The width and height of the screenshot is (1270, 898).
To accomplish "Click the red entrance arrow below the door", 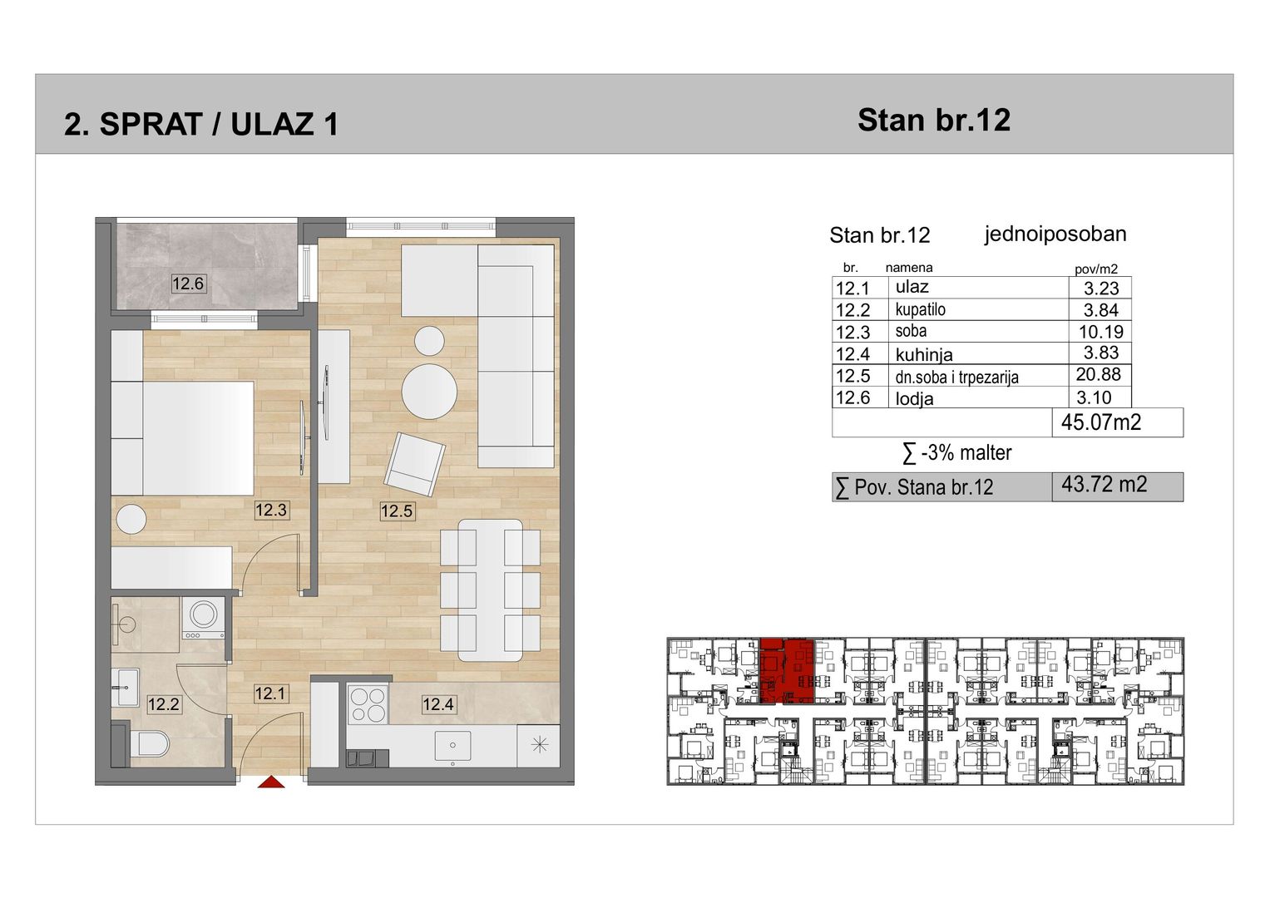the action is [x=271, y=782].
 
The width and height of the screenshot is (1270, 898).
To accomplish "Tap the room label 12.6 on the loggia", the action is [x=188, y=283].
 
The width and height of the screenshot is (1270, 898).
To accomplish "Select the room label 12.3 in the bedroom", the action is [x=271, y=510].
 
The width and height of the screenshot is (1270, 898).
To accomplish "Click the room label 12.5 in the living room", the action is [x=397, y=511].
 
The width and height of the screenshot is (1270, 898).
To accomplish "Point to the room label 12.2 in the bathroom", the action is [x=164, y=704].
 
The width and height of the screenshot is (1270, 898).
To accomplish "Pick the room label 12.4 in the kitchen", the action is [x=438, y=704].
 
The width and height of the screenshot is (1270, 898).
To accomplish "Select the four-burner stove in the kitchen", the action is [x=368, y=705].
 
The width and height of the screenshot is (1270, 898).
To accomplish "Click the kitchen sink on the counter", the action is [x=452, y=746].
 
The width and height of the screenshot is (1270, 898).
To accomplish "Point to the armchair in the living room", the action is [x=414, y=464].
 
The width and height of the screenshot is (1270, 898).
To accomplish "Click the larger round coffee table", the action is [x=429, y=391].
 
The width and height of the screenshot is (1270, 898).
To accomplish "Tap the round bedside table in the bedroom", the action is [x=131, y=519].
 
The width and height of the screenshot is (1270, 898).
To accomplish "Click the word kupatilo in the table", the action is [x=920, y=309].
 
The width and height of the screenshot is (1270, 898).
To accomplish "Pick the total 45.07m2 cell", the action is [x=1101, y=422].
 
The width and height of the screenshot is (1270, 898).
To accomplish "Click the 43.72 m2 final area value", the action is [x=1104, y=484].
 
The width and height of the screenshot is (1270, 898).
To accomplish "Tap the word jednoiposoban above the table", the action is [x=1055, y=234].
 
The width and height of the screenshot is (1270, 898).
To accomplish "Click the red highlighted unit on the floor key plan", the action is [x=787, y=671].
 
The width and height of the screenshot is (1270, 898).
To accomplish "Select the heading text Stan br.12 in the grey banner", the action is [x=934, y=121].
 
